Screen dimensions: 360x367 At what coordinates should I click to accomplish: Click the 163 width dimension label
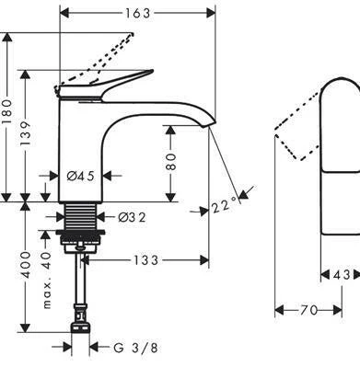click(138, 13)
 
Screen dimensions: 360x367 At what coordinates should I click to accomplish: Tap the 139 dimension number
click(26, 133)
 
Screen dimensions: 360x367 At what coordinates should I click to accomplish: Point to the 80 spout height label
click(171, 161)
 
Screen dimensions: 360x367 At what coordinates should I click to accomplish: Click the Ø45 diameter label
click(81, 176)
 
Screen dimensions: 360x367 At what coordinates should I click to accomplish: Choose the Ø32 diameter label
click(132, 217)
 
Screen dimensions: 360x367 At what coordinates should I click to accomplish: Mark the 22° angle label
click(225, 205)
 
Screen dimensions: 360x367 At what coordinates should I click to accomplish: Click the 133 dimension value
click(145, 260)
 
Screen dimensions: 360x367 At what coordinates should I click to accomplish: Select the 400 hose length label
click(26, 265)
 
